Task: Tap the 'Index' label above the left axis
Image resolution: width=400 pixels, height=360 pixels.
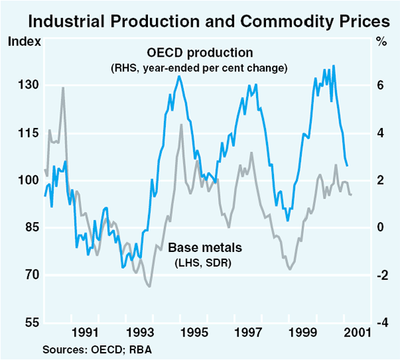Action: (x=24, y=41)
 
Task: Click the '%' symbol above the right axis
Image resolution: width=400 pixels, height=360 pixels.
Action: (x=381, y=41)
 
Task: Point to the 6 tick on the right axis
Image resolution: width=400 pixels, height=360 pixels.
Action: (x=379, y=85)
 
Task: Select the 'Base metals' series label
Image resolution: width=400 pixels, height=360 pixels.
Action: (x=204, y=248)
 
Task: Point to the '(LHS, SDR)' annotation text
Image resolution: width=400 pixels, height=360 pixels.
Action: (x=204, y=261)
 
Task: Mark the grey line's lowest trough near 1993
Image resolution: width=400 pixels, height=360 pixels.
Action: (x=149, y=286)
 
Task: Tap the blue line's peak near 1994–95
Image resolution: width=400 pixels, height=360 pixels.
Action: (x=179, y=76)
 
